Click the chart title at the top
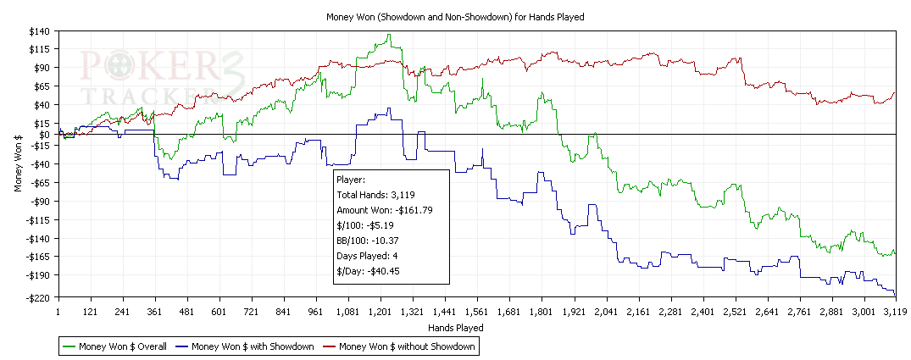click(x=455, y=16)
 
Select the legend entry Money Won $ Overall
click(x=122, y=346)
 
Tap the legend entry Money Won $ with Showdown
click(x=252, y=346)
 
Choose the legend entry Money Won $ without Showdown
click(x=406, y=346)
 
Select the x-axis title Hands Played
click(x=455, y=327)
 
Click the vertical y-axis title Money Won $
click(x=19, y=164)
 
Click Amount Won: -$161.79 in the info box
click(x=386, y=209)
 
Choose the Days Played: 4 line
click(x=371, y=256)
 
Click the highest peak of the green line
click(x=389, y=35)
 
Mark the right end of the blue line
click(x=895, y=294)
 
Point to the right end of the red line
click(x=895, y=92)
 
